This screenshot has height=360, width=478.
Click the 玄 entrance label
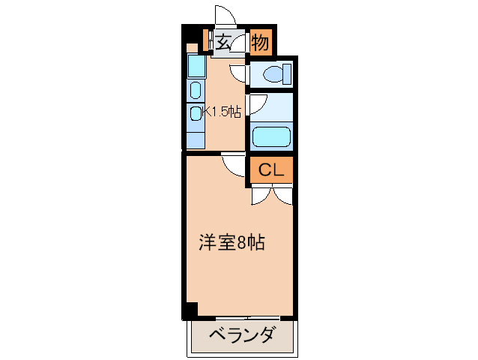click(x=224, y=42)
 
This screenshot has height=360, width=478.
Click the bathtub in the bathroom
click(x=270, y=136)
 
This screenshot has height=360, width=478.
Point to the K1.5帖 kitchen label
click(x=220, y=112)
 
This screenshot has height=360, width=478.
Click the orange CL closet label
click(x=270, y=171)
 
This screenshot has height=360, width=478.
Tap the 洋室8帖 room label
click(x=232, y=244)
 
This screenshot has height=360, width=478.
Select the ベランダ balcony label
click(x=241, y=335)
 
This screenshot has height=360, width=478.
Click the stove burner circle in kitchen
click(x=195, y=113)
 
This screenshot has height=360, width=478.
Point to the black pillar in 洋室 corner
click(x=191, y=309)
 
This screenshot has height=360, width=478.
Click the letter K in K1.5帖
click(x=208, y=112)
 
